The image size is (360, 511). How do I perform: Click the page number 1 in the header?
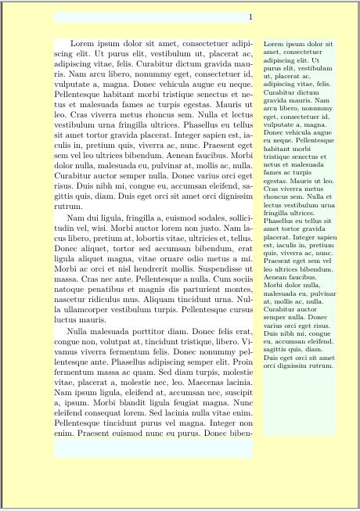pyautogui.click(x=249, y=17)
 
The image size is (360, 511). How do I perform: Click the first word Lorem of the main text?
pyautogui.click(x=84, y=44)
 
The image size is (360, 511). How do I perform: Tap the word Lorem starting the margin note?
pyautogui.click(x=276, y=44)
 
